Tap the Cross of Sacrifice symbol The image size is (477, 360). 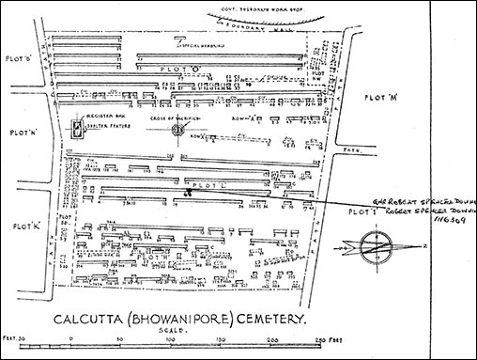pos(177,130)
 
